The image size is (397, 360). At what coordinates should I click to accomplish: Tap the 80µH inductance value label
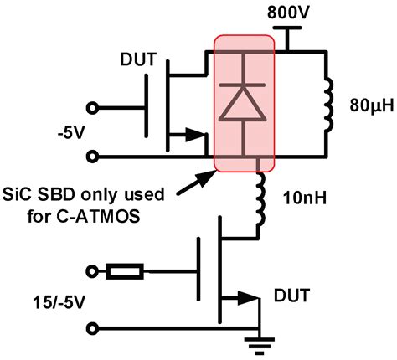369,107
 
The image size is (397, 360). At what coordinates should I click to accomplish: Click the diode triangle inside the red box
245,104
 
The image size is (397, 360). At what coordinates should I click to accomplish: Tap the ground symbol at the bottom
261,338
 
